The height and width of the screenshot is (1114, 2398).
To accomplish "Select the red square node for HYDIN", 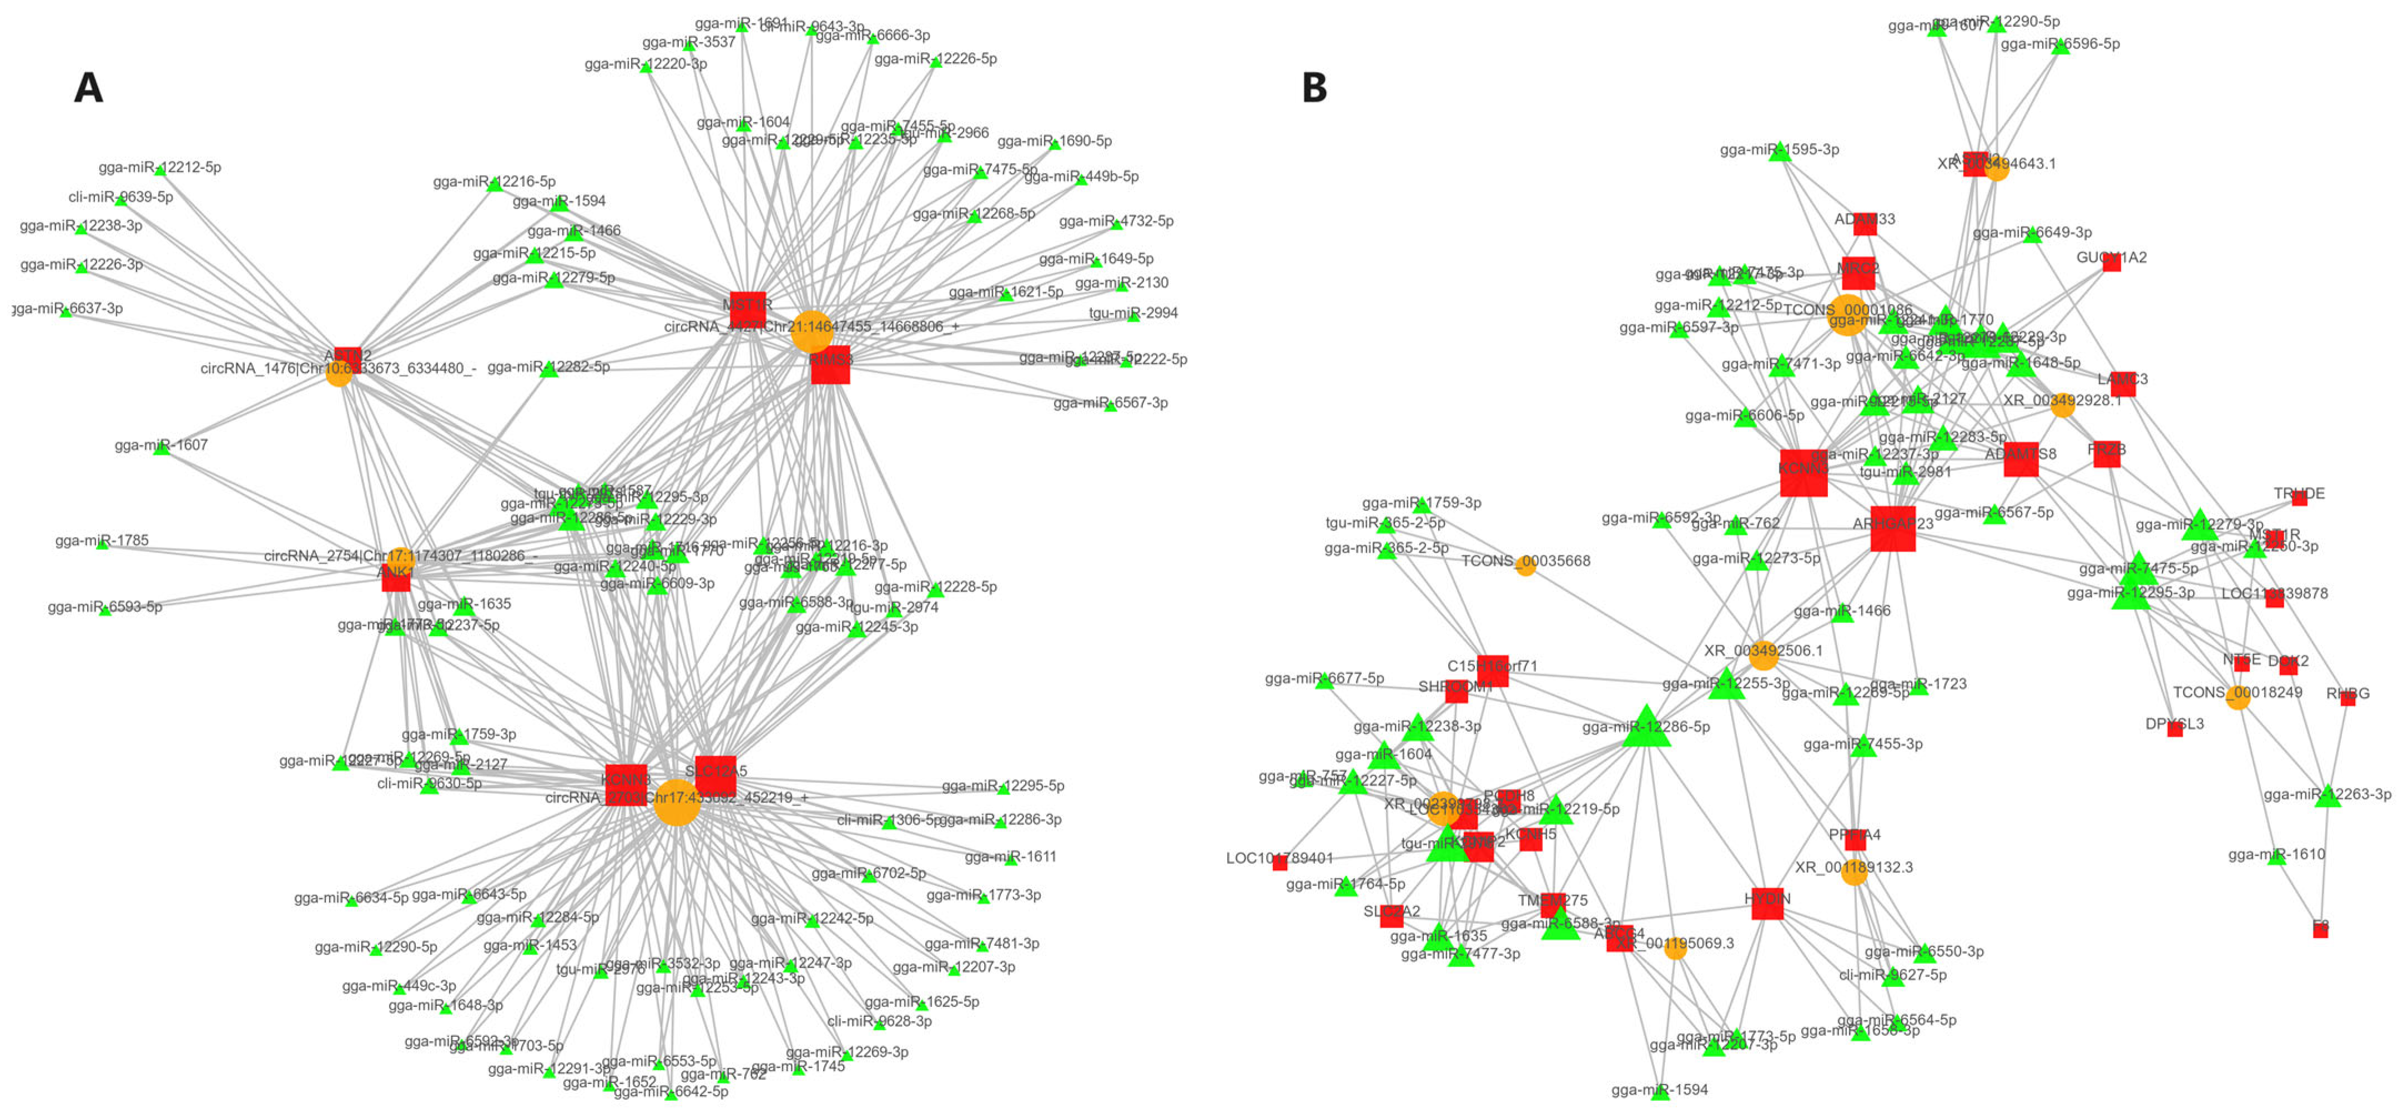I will tap(1767, 903).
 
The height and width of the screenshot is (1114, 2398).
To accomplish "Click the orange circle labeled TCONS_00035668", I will tap(1525, 565).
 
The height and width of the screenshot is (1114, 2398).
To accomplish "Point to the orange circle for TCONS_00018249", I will tap(2238, 697).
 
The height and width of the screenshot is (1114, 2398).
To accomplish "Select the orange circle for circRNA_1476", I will tap(339, 374).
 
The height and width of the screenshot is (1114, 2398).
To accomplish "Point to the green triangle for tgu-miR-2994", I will tap(1133, 316).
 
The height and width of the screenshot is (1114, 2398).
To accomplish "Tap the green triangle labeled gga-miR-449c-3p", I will tap(399, 989).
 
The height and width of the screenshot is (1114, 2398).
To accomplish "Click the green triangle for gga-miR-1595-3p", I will tap(1780, 153).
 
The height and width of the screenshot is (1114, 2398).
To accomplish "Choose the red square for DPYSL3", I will tap(2175, 729).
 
